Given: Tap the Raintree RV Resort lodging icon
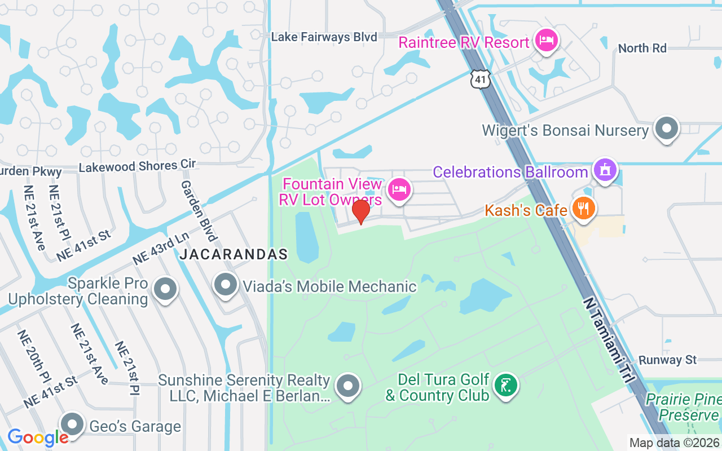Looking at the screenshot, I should (546, 41).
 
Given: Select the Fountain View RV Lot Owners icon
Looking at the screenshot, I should (399, 189).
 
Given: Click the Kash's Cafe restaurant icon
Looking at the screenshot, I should (584, 208).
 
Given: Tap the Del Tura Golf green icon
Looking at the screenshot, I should (505, 386).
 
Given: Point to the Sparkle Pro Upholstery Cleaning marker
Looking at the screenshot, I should (165, 289).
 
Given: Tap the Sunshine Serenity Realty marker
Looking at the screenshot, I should (348, 386).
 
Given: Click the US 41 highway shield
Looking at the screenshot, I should (481, 79).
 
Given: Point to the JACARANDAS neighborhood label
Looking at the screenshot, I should (234, 255).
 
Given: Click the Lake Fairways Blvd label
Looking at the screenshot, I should (324, 37).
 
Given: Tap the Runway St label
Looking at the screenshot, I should (667, 360).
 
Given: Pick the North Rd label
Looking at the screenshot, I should (642, 48).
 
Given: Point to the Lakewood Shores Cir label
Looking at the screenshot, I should (137, 166).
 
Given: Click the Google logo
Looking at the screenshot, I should (38, 437).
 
